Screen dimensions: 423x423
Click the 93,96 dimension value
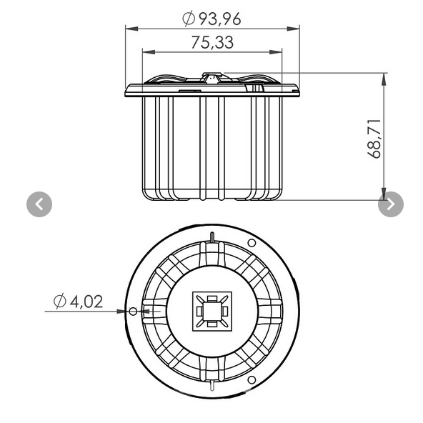click(219, 19)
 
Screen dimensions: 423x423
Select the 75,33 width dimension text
click(212, 42)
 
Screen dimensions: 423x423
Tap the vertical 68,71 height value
click(375, 138)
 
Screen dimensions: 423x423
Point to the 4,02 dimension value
click(86, 302)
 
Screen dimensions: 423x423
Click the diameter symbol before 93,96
click(189, 19)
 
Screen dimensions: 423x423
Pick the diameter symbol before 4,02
click(60, 302)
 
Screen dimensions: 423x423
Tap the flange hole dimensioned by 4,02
click(132, 312)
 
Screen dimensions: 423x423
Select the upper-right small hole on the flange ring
click(252, 244)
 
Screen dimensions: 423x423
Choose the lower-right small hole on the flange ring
click(252, 379)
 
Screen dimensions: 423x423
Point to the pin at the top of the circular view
click(212, 237)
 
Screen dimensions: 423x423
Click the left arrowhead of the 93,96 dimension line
click(130, 29)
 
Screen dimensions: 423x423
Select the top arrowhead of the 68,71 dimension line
click(384, 77)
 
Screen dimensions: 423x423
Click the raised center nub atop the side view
click(211, 75)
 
